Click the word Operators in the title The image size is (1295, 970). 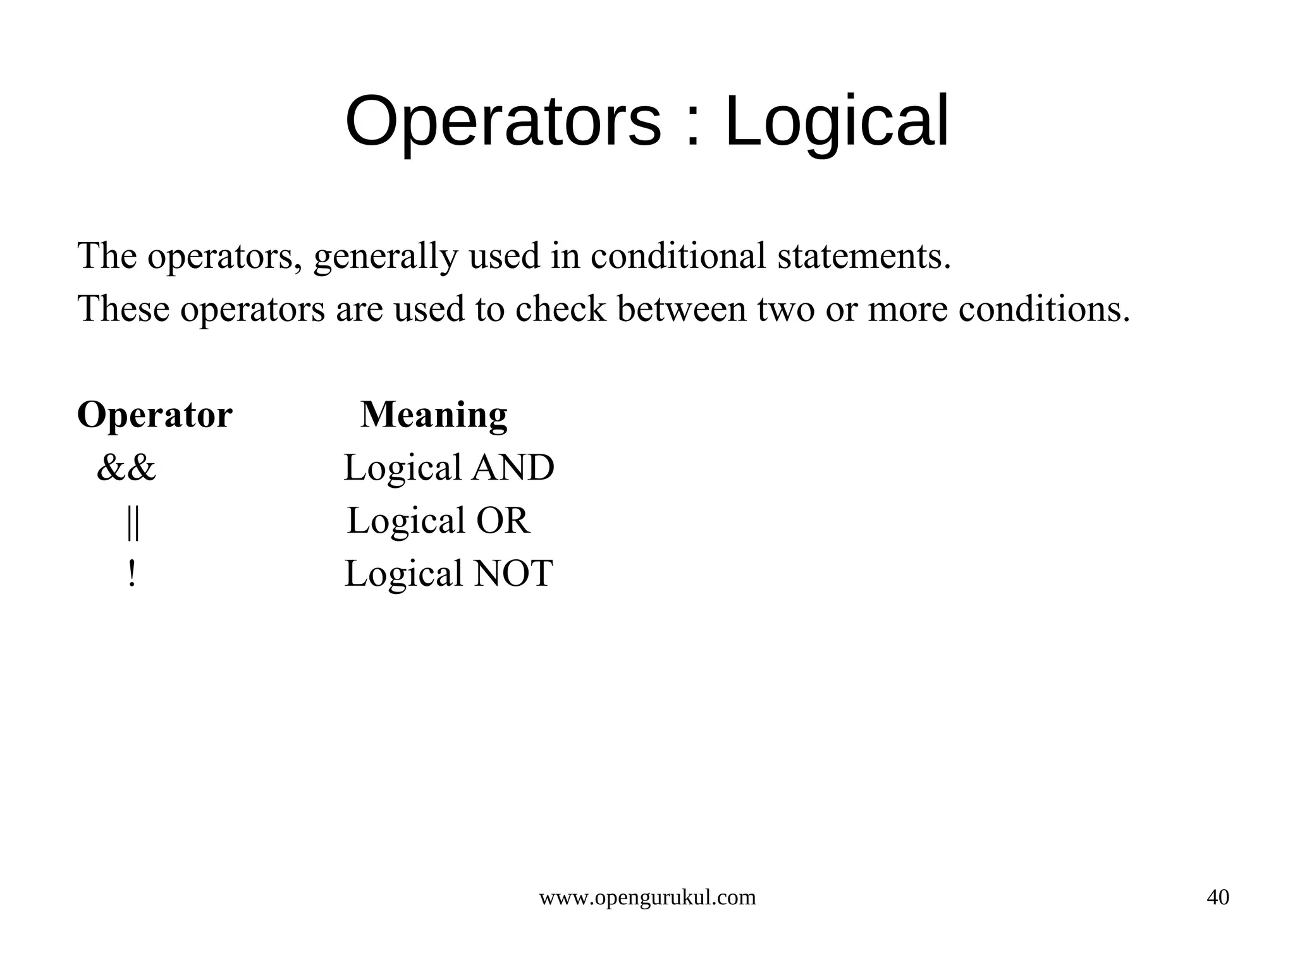tap(503, 121)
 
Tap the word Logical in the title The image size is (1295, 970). tap(836, 121)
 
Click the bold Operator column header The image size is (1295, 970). tap(155, 415)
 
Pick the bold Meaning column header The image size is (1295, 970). tap(434, 415)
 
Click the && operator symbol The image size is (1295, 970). tap(126, 468)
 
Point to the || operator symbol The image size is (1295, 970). tap(132, 522)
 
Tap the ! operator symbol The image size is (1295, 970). tap(132, 574)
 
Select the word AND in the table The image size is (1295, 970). tap(513, 468)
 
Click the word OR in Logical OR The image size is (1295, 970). tap(503, 521)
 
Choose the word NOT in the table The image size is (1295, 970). tap(513, 574)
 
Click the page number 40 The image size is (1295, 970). tap(1218, 897)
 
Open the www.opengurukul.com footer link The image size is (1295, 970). tap(647, 897)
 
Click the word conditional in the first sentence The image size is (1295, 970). tap(678, 256)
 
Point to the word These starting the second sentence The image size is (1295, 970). tap(123, 309)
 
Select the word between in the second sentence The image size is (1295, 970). tap(682, 309)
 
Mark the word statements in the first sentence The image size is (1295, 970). tap(864, 256)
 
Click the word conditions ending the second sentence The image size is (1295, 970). tap(1043, 309)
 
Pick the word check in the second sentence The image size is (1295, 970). tap(560, 309)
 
